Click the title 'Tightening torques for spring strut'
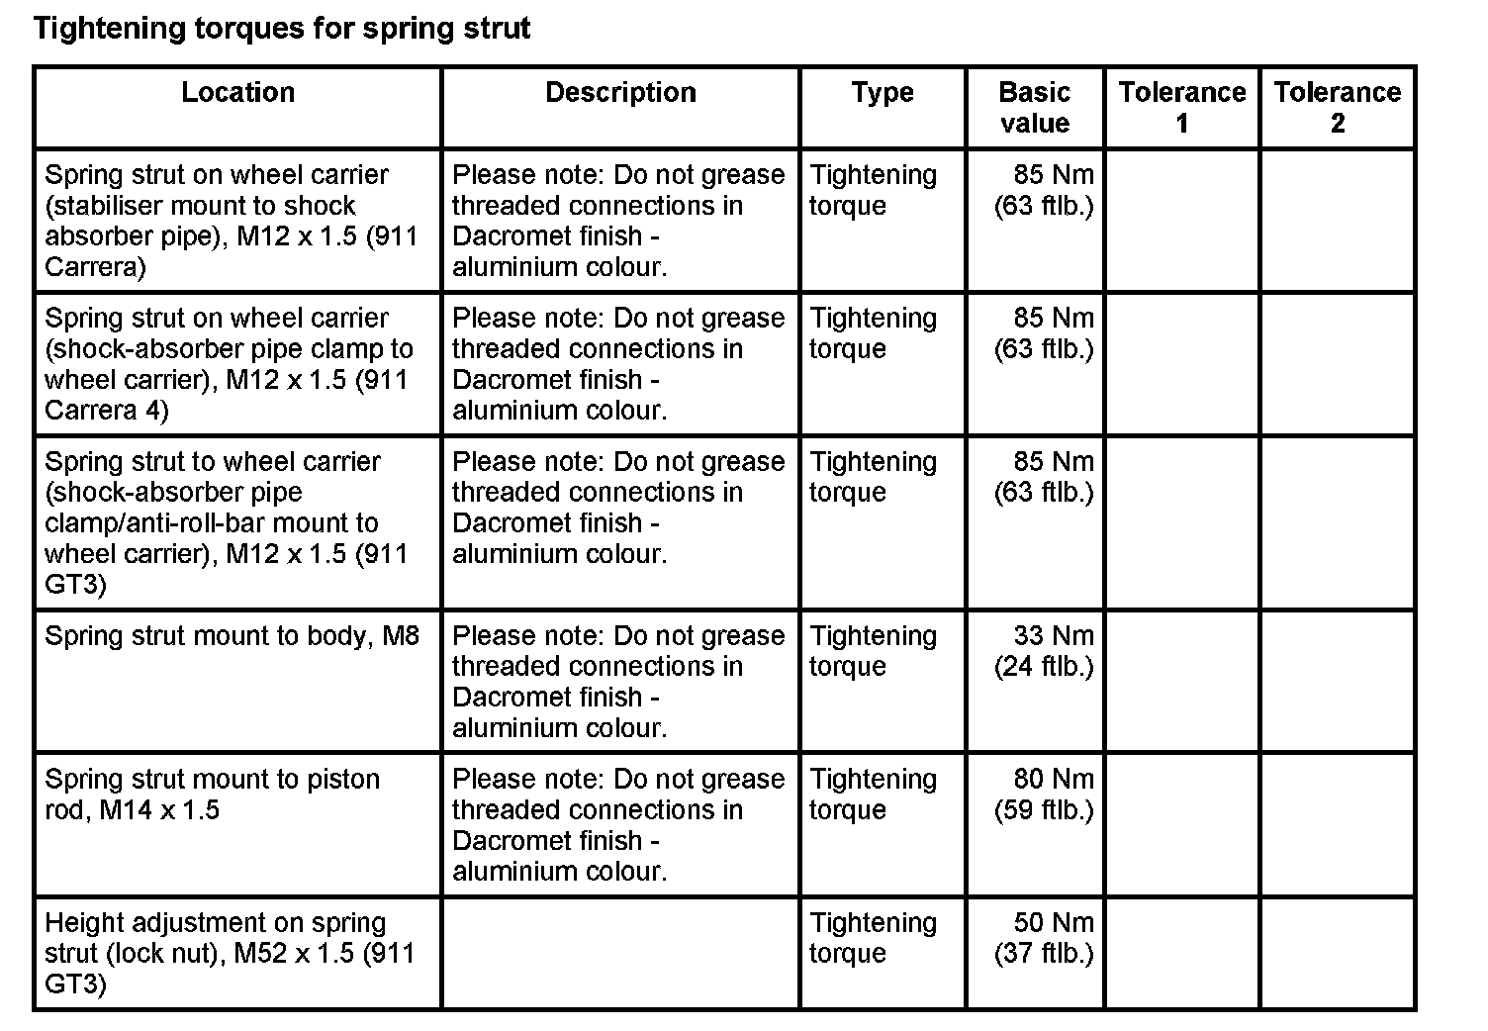(282, 29)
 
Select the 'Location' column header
(237, 93)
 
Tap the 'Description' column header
(620, 93)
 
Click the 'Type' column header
(883, 93)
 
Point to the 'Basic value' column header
(1034, 108)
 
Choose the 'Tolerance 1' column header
(1181, 108)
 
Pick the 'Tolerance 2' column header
(1337, 108)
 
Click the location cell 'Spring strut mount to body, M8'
(232, 636)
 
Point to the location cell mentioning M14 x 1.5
(212, 795)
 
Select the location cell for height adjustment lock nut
(230, 953)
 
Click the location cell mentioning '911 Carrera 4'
(229, 364)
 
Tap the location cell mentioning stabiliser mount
(231, 221)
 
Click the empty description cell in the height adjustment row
(620, 953)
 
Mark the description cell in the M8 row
(618, 682)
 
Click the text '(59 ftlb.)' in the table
(1044, 810)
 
